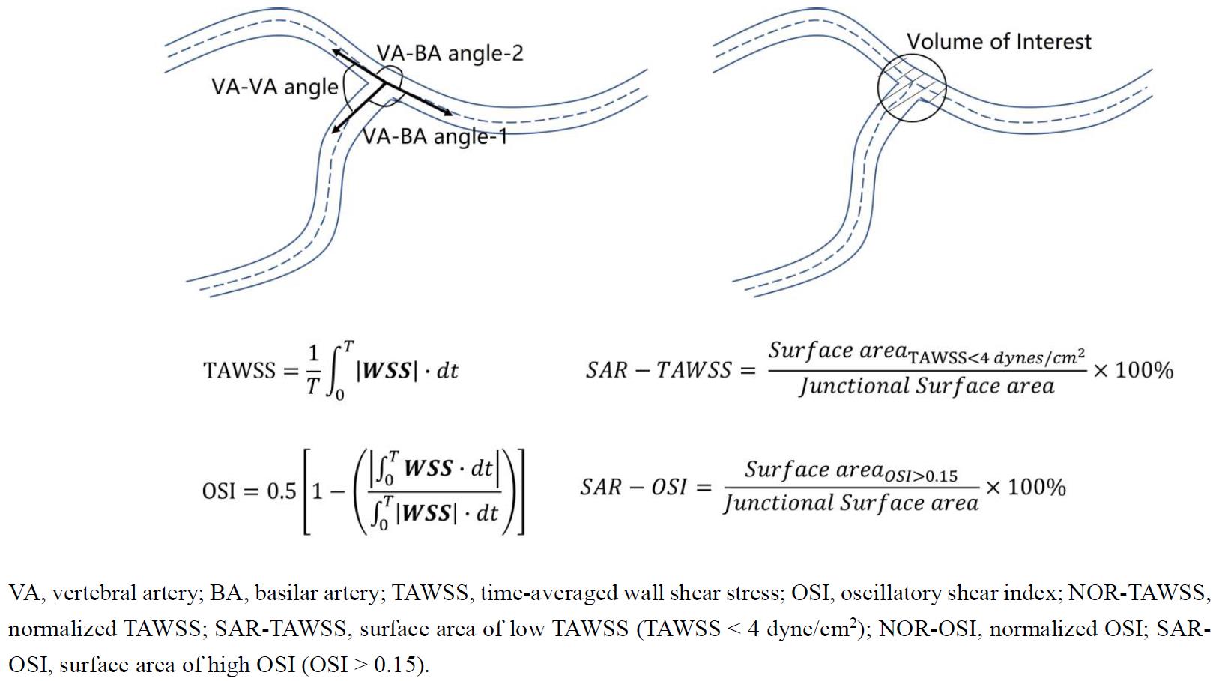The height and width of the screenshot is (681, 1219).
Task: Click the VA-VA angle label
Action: (x=274, y=87)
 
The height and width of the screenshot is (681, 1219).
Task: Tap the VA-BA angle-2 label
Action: (x=450, y=53)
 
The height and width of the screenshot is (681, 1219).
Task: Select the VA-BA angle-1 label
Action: (x=435, y=136)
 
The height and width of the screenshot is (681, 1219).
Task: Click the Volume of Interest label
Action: (x=999, y=41)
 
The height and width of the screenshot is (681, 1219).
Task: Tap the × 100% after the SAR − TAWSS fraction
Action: (x=1133, y=370)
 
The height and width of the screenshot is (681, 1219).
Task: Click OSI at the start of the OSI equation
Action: (x=219, y=491)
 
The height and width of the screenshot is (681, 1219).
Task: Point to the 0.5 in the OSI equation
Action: (x=282, y=491)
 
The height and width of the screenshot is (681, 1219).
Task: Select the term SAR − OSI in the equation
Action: (x=633, y=488)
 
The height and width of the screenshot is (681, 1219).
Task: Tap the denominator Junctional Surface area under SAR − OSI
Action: (x=850, y=503)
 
